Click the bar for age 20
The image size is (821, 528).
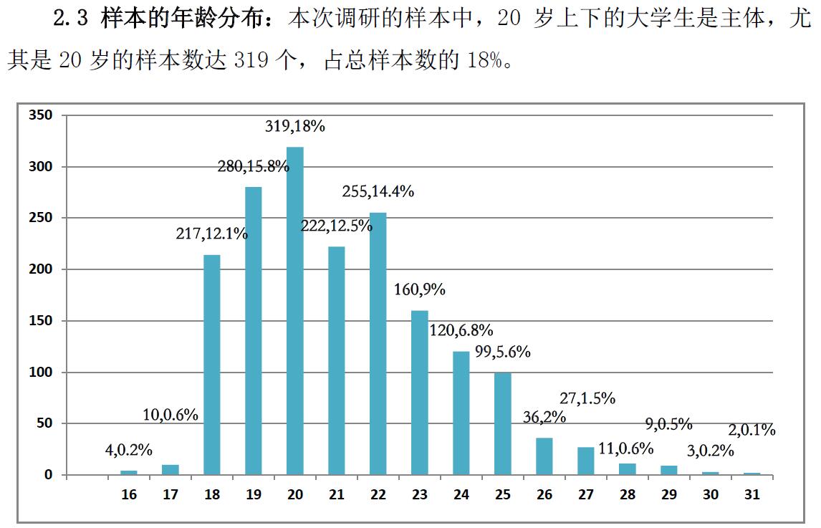(295, 311)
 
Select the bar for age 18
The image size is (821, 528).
(212, 365)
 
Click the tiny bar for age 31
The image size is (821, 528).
(752, 474)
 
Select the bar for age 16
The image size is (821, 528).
(129, 472)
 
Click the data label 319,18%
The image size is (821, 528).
(295, 127)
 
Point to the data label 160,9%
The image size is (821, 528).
(420, 289)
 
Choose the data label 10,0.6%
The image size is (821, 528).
(171, 414)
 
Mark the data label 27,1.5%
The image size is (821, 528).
(587, 398)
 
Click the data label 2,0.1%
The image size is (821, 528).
(752, 430)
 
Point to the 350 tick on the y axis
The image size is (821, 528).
(40, 115)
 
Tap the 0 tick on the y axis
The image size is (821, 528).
(49, 475)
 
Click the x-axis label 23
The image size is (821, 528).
(420, 494)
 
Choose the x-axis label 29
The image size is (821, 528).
(670, 494)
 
